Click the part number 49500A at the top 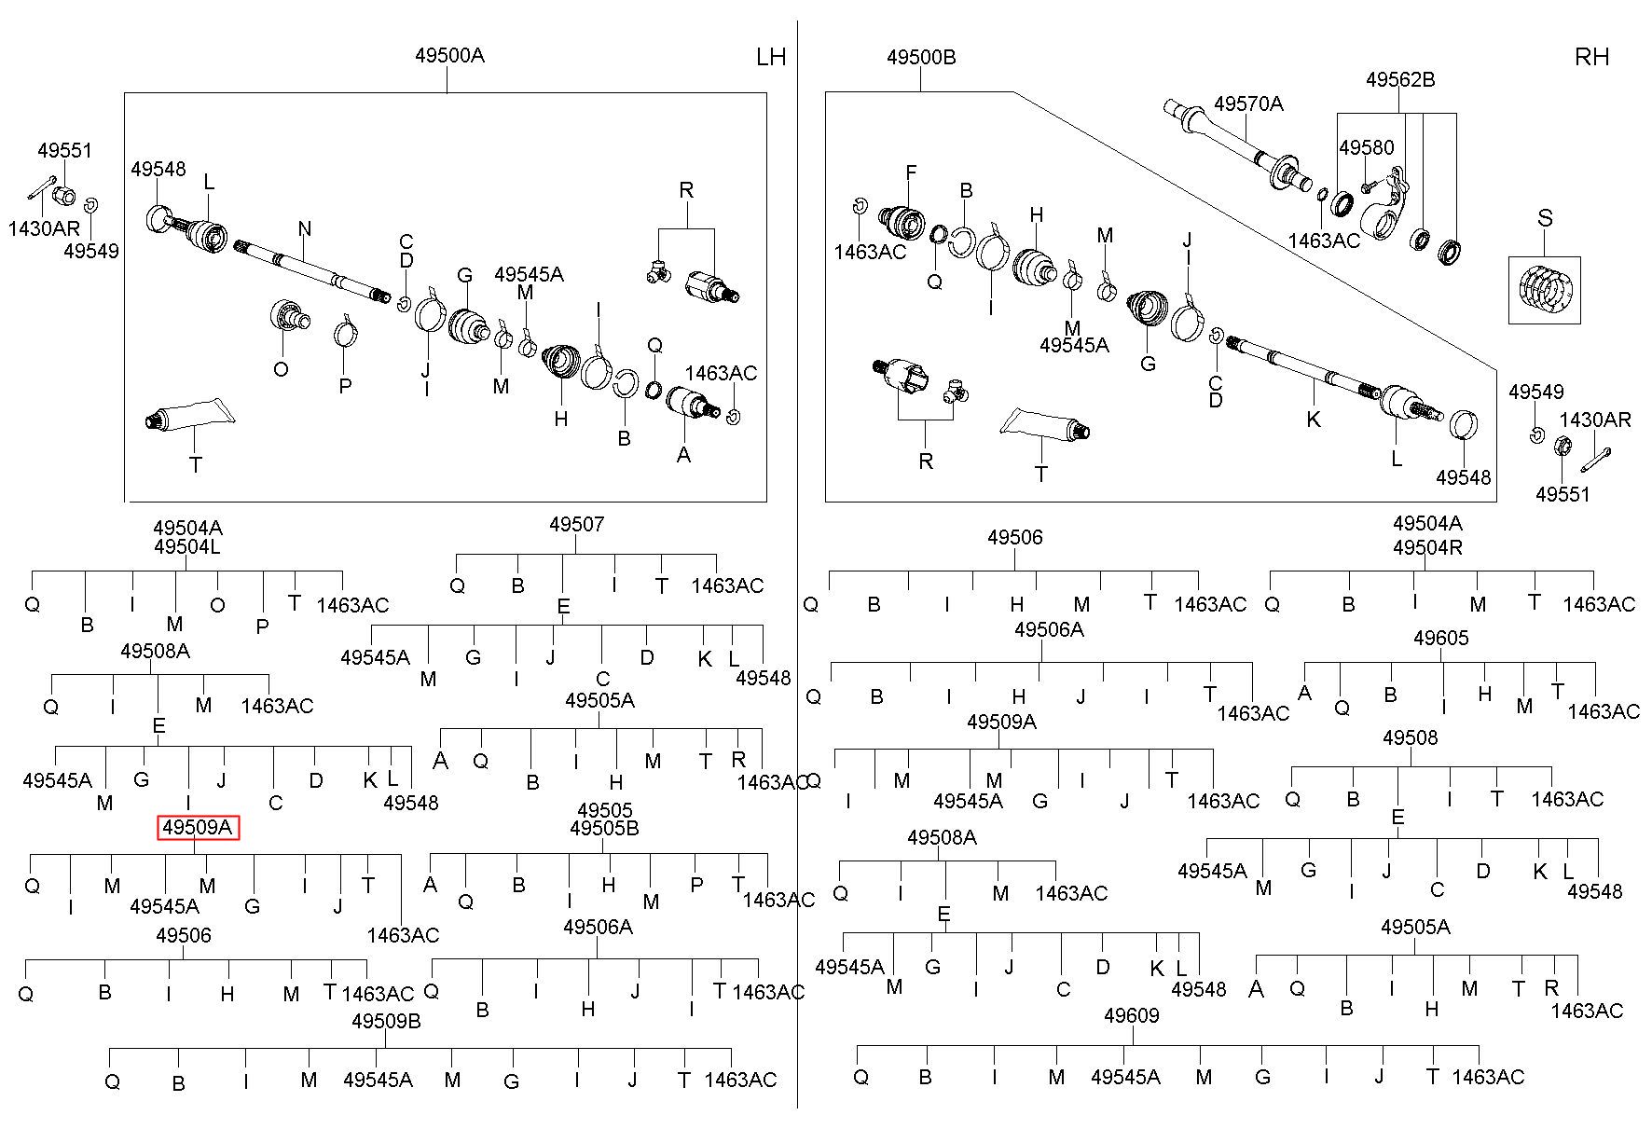pyautogui.click(x=449, y=55)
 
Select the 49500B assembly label pyautogui.click(x=921, y=57)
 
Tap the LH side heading pyautogui.click(x=771, y=57)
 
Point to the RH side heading pyautogui.click(x=1591, y=57)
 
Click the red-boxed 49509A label pyautogui.click(x=198, y=827)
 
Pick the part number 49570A pyautogui.click(x=1248, y=103)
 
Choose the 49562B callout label pyautogui.click(x=1400, y=79)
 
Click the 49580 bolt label pyautogui.click(x=1367, y=147)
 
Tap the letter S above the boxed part pyautogui.click(x=1545, y=218)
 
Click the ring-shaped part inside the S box pyautogui.click(x=1545, y=288)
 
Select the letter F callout pyautogui.click(x=911, y=172)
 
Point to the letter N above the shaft pyautogui.click(x=305, y=228)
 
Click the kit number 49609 pyautogui.click(x=1131, y=1015)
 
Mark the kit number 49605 pyautogui.click(x=1441, y=638)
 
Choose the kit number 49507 pyautogui.click(x=576, y=524)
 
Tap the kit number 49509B pyautogui.click(x=386, y=1021)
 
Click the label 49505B pyautogui.click(x=604, y=828)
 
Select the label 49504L pyautogui.click(x=187, y=547)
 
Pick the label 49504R pyautogui.click(x=1427, y=547)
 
